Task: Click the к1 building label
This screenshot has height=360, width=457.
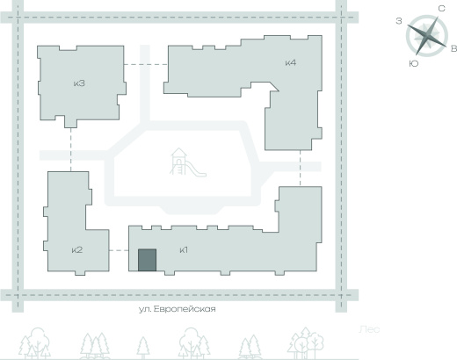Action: (184, 250)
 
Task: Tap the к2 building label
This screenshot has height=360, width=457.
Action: (77, 250)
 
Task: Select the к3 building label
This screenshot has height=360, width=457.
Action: (79, 83)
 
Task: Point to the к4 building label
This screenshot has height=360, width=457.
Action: (291, 62)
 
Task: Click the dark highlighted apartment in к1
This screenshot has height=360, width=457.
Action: (147, 260)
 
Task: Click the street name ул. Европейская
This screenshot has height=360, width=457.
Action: (178, 309)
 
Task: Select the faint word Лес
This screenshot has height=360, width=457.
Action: (369, 329)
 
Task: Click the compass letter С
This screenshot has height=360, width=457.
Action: (441, 9)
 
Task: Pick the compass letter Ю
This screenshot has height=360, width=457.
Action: (414, 64)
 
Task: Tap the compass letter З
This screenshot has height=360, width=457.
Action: (399, 21)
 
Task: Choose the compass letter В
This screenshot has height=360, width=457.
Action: (453, 48)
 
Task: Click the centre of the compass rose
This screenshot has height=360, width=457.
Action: (427, 36)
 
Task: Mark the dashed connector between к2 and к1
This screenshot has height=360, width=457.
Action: (119, 250)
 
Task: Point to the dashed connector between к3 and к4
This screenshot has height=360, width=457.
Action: (146, 64)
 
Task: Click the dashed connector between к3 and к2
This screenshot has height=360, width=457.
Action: (70, 149)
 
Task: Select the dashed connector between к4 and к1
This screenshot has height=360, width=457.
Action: (300, 169)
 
